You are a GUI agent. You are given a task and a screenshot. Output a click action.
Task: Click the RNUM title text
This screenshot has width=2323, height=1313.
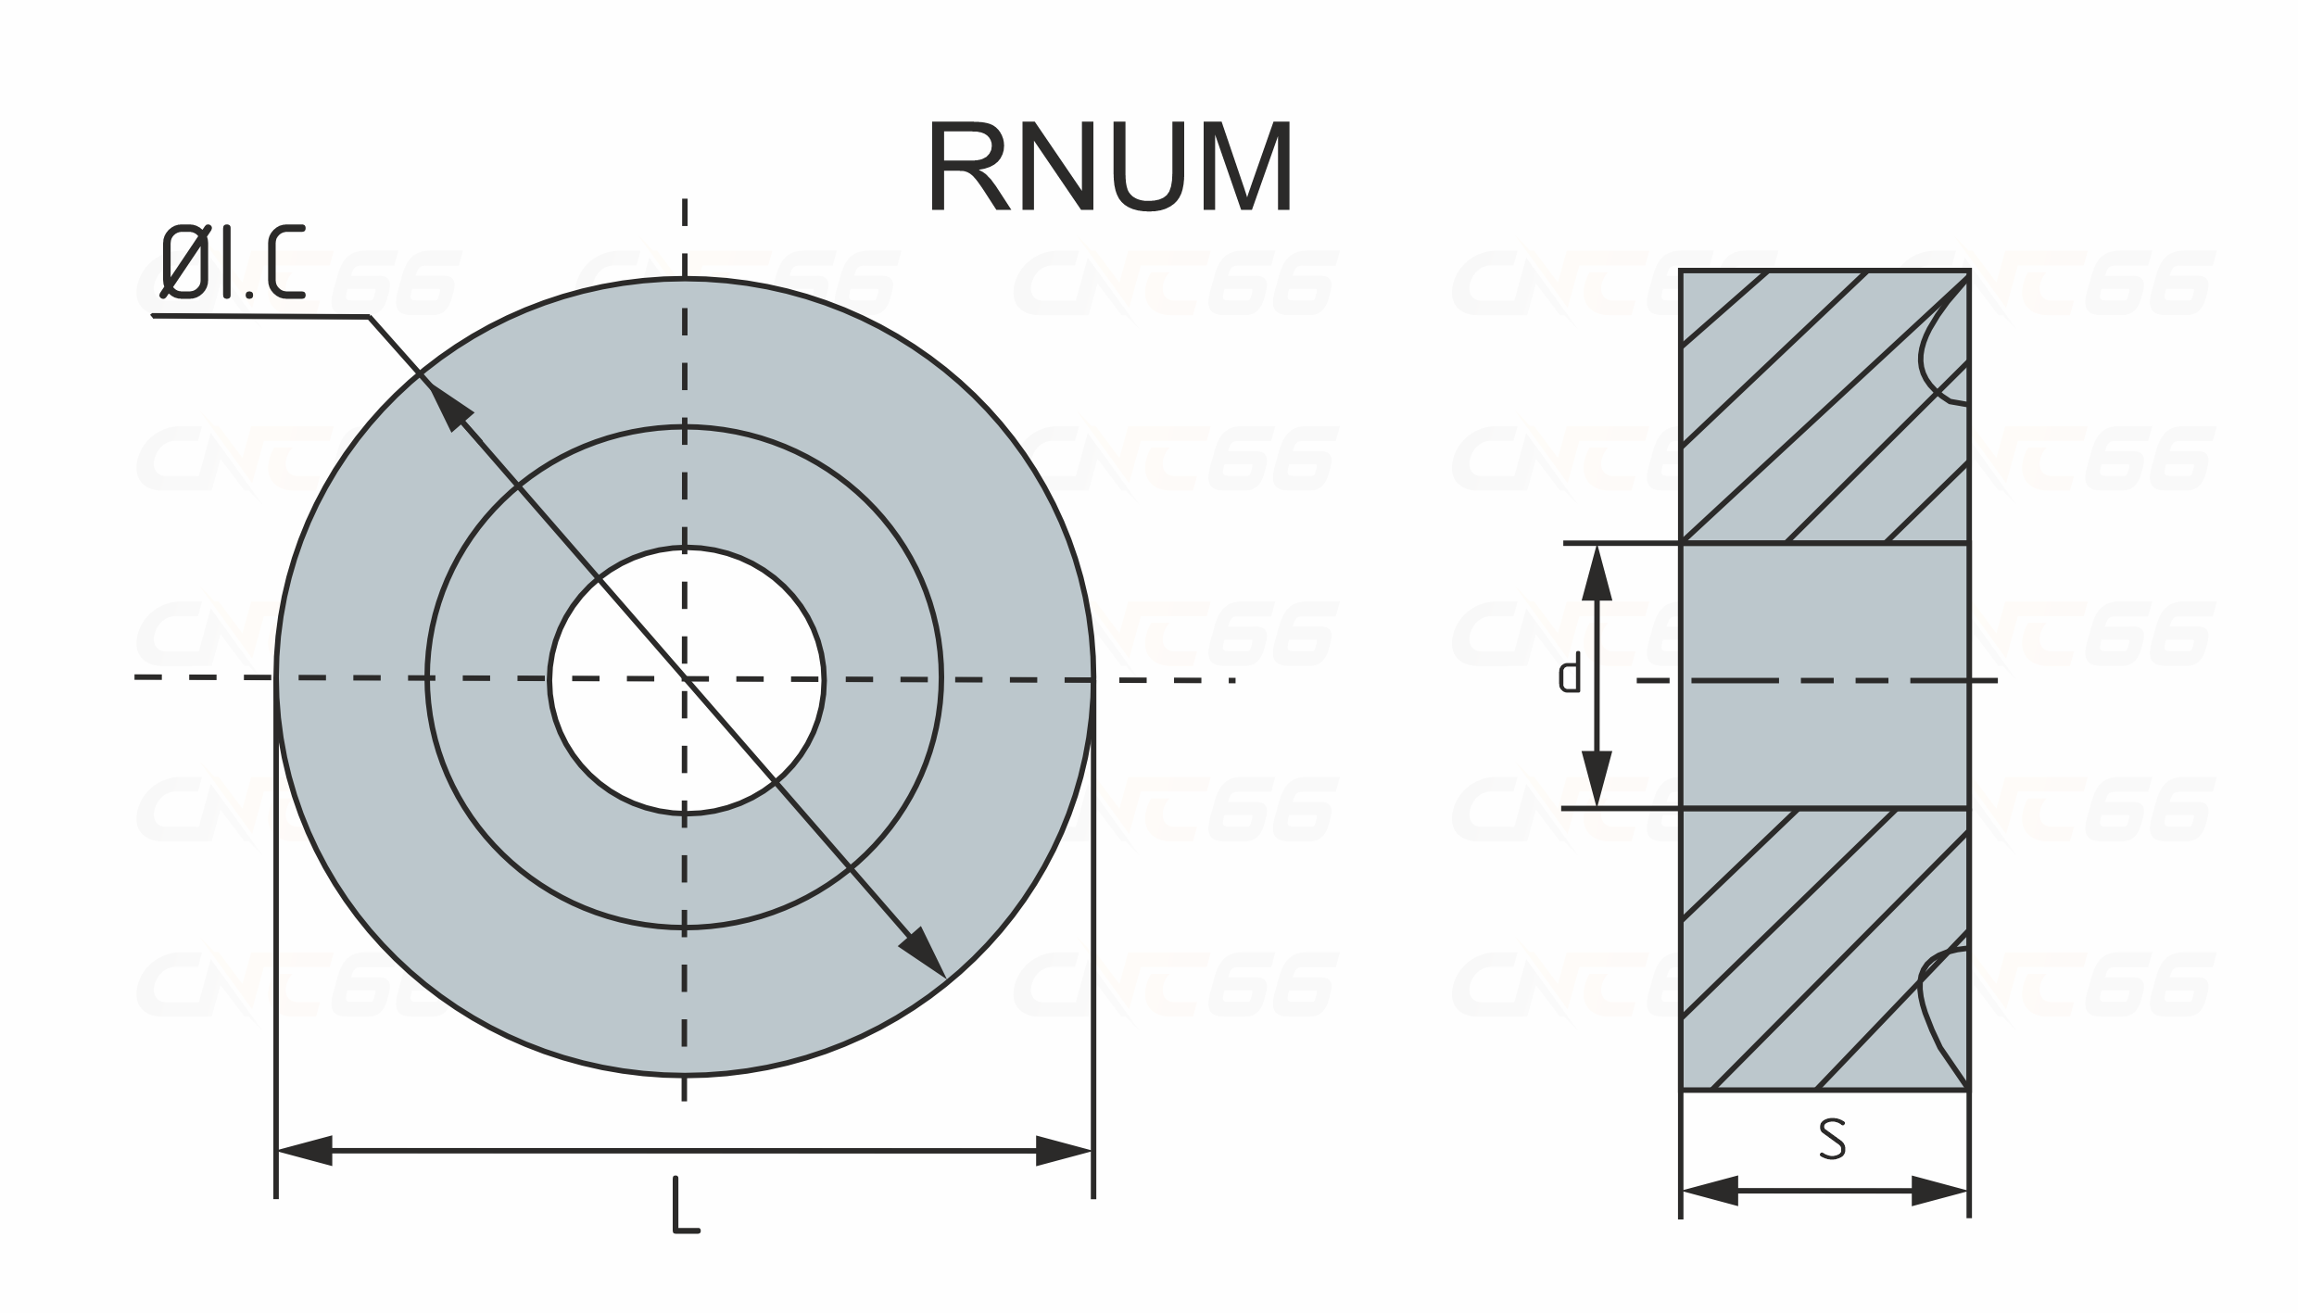click(x=1109, y=167)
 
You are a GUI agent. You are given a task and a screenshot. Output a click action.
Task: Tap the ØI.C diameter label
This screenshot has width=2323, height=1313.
click(x=233, y=262)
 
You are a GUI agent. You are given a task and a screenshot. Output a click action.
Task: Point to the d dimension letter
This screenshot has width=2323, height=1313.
click(x=1569, y=674)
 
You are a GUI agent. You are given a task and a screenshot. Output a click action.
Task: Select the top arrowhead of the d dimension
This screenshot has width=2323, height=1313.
click(x=1597, y=574)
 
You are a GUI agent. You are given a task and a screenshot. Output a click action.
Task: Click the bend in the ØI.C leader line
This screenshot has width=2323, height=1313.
click(x=370, y=317)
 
